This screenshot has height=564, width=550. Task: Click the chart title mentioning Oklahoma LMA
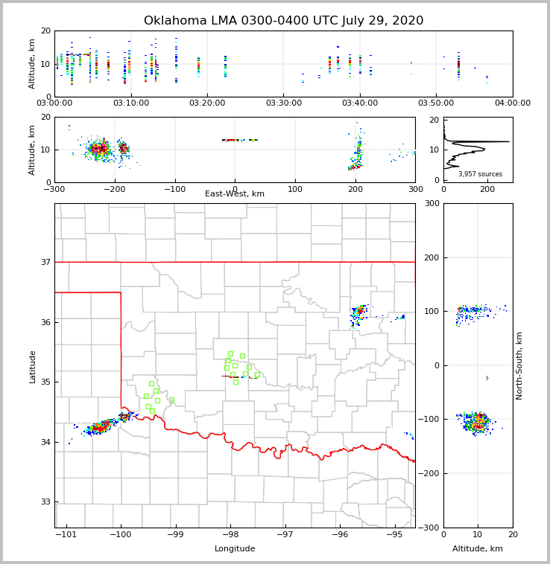click(x=283, y=21)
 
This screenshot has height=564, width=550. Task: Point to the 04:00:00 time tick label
click(x=512, y=103)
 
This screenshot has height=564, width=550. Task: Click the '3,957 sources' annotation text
click(x=480, y=174)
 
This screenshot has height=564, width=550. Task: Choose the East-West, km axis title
click(x=235, y=194)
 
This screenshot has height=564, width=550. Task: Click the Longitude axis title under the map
click(x=235, y=549)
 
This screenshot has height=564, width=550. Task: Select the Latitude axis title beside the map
click(x=32, y=366)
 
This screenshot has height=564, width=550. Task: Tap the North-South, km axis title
click(x=519, y=366)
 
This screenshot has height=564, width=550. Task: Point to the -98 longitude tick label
click(x=230, y=534)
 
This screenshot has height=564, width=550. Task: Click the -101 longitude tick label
click(x=67, y=534)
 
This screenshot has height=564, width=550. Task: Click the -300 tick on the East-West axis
click(x=54, y=189)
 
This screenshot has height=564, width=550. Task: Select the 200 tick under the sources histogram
click(x=487, y=189)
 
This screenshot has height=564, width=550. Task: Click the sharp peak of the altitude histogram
click(x=508, y=141)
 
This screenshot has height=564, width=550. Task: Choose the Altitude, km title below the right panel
click(x=478, y=549)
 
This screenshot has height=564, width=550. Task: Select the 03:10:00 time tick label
click(x=131, y=103)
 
